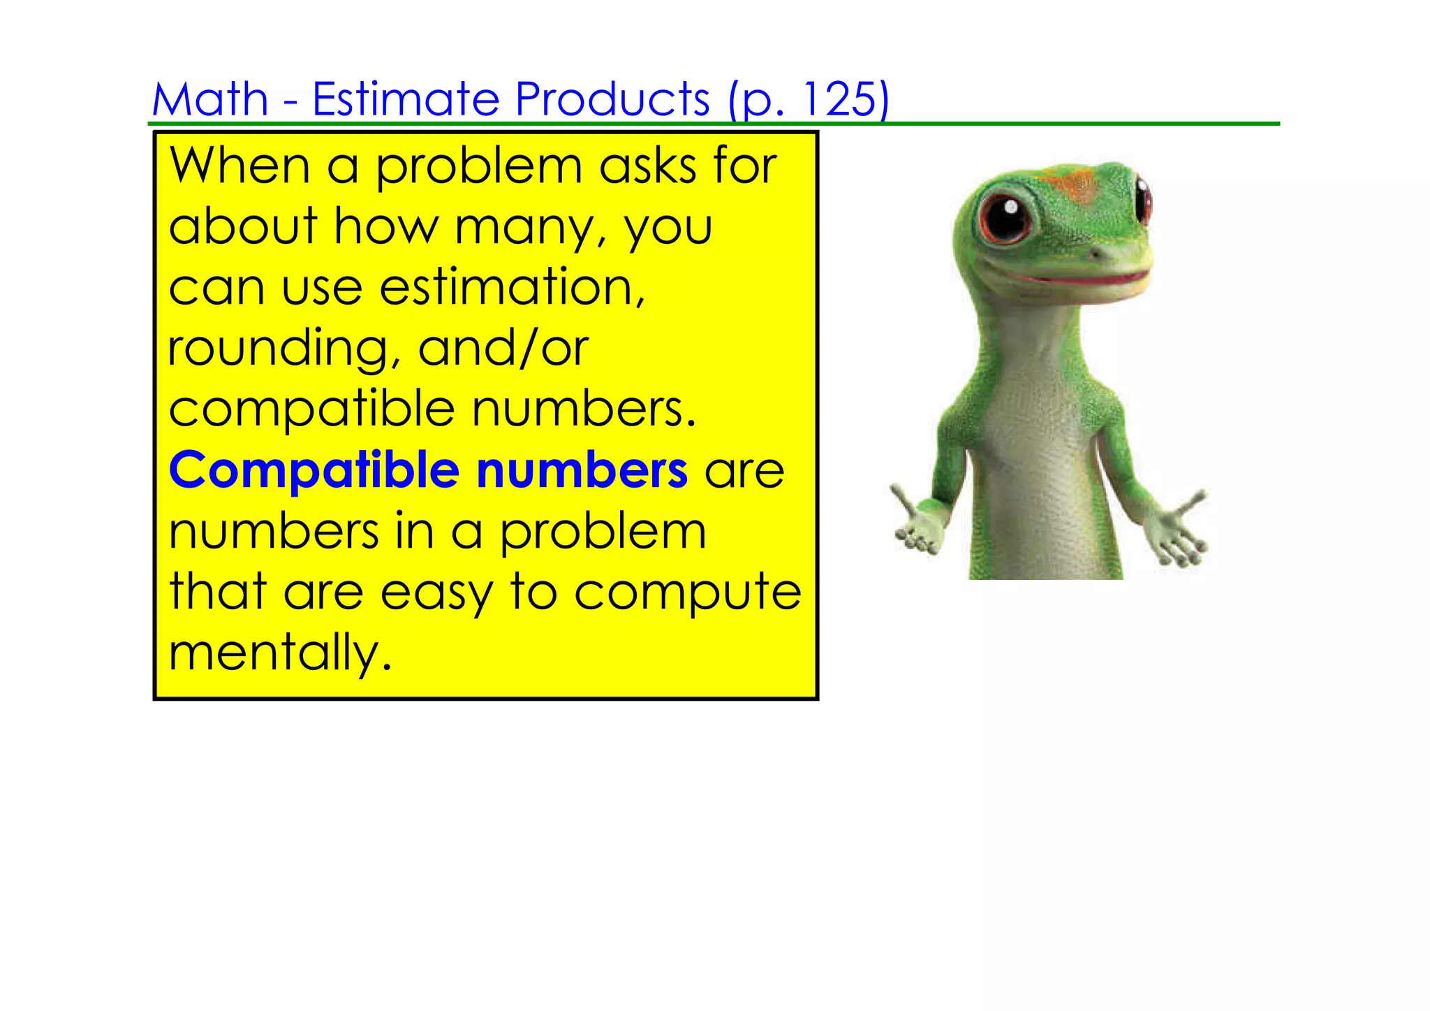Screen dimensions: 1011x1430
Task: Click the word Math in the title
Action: pos(210,99)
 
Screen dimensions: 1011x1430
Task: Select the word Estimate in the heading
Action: pos(405,99)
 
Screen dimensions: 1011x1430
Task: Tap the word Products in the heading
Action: pos(612,99)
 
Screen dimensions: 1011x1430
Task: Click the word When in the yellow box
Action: pos(239,166)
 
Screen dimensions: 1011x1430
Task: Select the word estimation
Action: pos(512,288)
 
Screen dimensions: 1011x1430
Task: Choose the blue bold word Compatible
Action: pos(314,470)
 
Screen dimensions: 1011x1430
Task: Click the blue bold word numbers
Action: pos(582,470)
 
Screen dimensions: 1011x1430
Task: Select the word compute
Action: pos(687,593)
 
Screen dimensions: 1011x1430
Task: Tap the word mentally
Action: pos(279,653)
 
